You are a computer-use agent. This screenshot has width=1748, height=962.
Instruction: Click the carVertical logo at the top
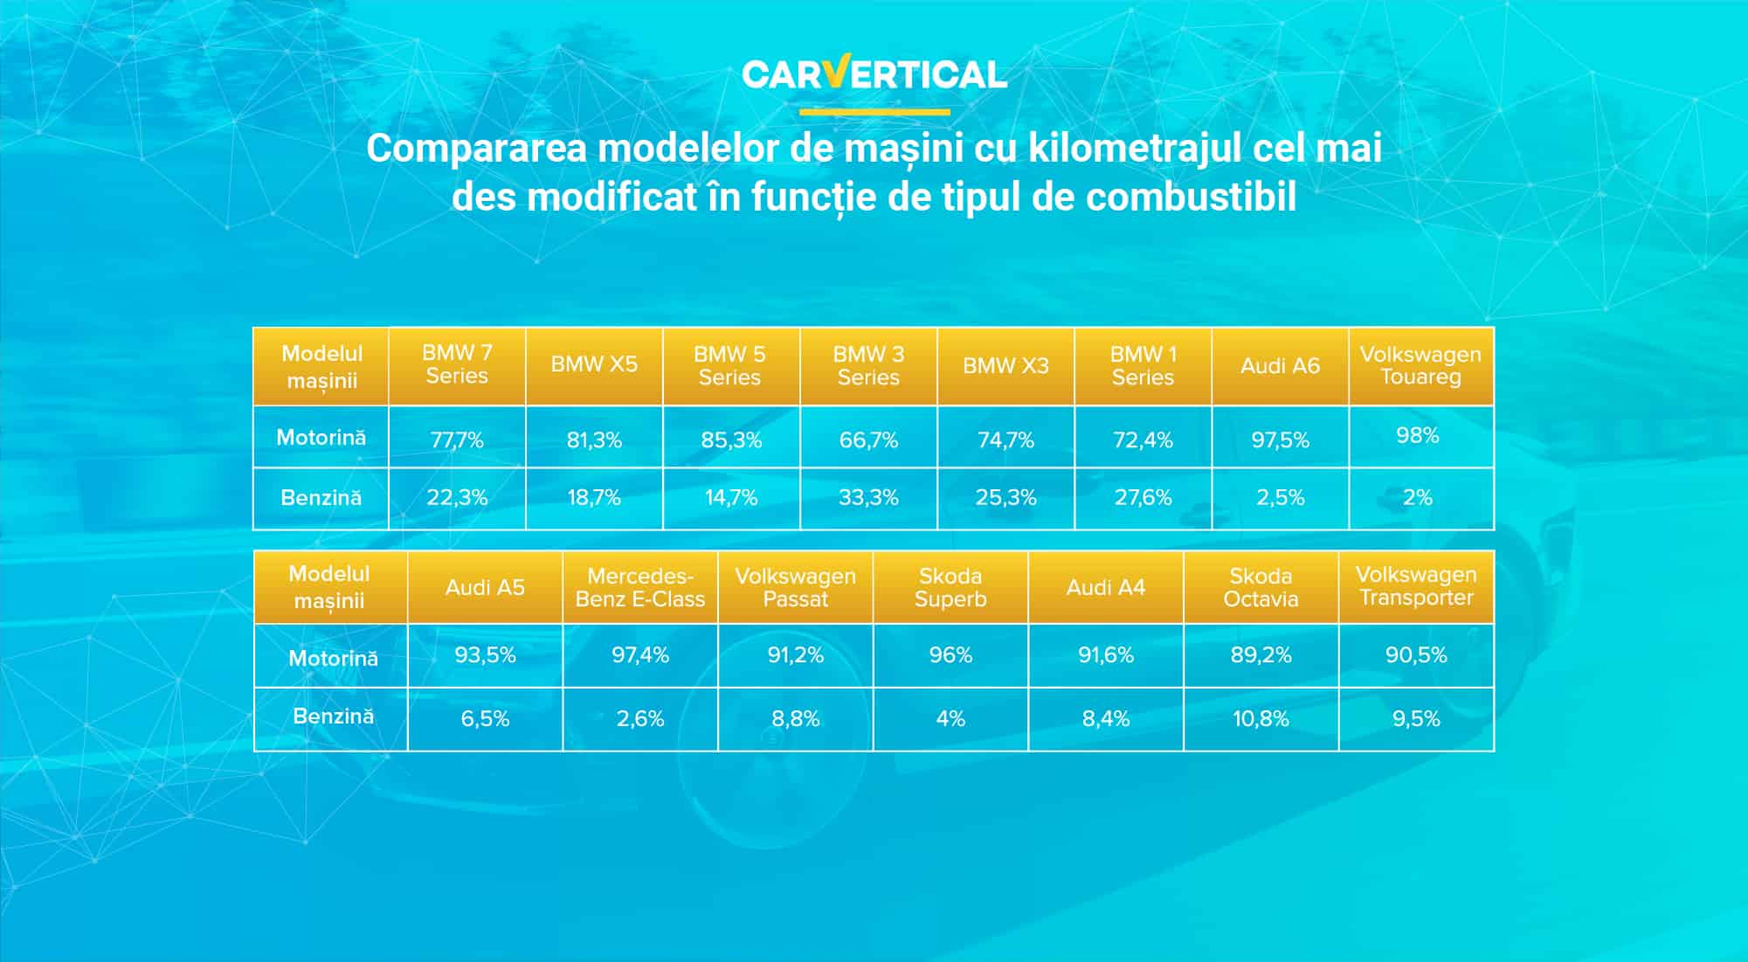[874, 74]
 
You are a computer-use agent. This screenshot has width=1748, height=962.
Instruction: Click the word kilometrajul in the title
[1134, 149]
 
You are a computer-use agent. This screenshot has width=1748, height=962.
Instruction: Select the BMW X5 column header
[594, 365]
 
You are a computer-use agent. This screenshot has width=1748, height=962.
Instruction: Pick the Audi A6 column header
[1280, 366]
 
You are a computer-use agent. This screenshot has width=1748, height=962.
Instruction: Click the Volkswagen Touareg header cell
[1420, 366]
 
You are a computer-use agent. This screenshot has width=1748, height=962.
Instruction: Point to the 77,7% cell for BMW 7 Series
[457, 439]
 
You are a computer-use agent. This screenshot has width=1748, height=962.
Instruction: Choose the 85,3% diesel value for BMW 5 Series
[731, 439]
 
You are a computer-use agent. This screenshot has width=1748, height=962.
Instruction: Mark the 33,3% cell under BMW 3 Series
[868, 498]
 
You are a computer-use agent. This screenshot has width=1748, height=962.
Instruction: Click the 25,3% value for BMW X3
[1005, 498]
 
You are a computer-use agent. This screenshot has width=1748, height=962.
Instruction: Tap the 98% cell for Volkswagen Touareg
[1417, 436]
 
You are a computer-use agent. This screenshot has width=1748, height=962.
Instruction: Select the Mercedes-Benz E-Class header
[639, 588]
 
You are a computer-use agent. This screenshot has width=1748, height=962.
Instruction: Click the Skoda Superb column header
[950, 588]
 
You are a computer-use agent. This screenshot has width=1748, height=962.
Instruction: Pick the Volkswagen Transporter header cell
[1416, 586]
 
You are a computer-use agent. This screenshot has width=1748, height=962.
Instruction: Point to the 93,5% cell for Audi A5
[485, 655]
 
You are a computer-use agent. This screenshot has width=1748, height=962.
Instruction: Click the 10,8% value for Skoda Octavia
[1261, 719]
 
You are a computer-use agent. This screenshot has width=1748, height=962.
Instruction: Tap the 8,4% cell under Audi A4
[1105, 719]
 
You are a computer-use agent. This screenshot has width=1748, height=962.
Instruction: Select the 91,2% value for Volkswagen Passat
[795, 655]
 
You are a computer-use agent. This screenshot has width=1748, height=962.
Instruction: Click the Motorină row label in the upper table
[321, 438]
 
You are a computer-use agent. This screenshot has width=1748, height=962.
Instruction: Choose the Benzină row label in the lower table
[333, 716]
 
